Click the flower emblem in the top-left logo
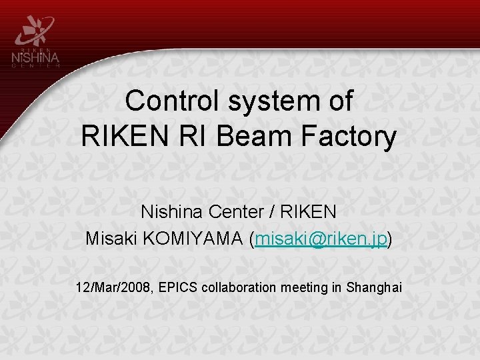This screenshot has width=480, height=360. point(35,28)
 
